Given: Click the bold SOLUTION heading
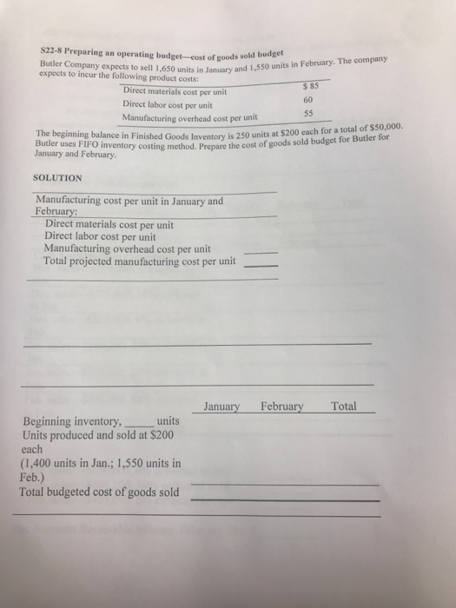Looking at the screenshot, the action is (x=57, y=177).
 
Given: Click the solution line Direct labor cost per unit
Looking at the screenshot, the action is (x=100, y=235).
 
